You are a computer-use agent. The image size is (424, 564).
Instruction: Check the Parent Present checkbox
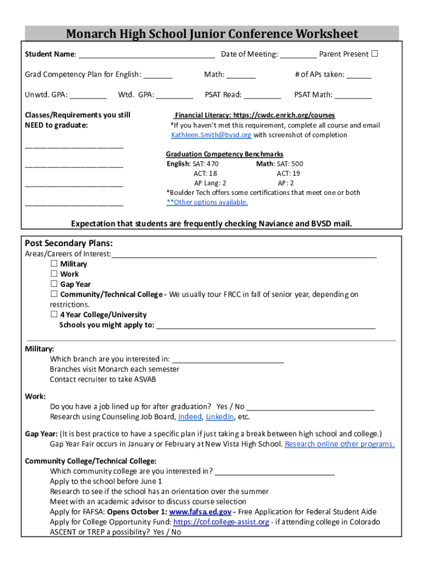374,54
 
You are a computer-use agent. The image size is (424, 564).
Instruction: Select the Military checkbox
55,264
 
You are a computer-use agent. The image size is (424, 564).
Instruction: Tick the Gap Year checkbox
55,284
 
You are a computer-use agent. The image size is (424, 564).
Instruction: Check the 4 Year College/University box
55,314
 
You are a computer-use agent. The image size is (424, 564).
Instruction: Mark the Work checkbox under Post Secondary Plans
55,274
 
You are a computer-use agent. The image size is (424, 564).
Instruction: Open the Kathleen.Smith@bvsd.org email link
211,135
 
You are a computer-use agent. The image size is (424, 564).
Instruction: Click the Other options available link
207,202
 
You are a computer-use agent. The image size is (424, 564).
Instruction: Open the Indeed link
190,416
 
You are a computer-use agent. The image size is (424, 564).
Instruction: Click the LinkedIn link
220,416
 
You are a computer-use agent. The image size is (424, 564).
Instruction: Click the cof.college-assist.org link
221,522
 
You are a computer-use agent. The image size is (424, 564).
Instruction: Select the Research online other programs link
339,444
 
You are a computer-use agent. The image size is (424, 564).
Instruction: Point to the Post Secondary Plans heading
69,243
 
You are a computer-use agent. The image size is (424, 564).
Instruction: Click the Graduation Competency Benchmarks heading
225,154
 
